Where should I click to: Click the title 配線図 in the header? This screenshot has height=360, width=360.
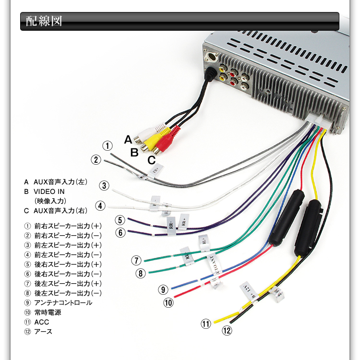pos(44,22)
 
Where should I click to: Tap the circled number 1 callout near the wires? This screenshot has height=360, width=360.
pos(108,146)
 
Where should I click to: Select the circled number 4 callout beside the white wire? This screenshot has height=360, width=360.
pos(100,206)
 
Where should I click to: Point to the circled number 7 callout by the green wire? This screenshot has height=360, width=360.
pos(137,261)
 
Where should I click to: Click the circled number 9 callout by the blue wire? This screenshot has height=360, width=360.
pos(163,289)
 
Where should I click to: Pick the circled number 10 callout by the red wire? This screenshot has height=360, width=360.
pos(168,302)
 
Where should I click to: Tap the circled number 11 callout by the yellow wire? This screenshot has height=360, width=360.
pos(206,324)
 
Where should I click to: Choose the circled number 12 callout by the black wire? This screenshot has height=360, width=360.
pos(227,330)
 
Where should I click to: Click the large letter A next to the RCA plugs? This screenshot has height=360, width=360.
pos(128,140)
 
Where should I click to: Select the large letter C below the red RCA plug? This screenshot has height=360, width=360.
pos(151,160)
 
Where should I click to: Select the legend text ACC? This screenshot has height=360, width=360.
pos(42,322)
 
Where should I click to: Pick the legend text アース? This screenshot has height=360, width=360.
pos(43,332)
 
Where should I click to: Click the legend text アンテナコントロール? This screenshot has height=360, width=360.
pos(63,303)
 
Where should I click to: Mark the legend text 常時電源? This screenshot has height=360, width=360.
pos(48,312)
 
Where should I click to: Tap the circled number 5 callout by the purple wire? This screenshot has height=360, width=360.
pos(120,220)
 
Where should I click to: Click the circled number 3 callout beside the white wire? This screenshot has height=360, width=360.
pos(105,186)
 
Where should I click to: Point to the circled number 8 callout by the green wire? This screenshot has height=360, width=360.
pos(140,274)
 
